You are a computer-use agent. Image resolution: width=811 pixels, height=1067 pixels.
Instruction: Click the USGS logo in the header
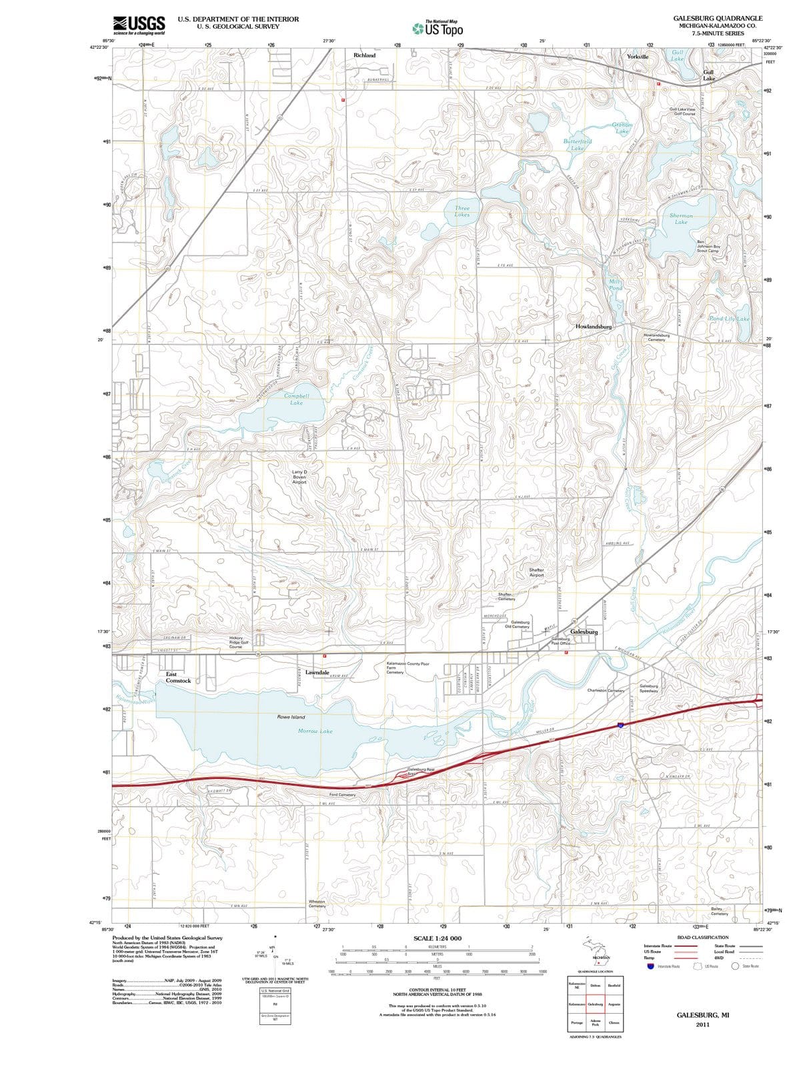[x=139, y=25]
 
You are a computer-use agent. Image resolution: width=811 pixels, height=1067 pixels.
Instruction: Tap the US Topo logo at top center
[x=437, y=28]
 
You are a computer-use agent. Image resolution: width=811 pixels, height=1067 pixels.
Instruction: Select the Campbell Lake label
[x=297, y=399]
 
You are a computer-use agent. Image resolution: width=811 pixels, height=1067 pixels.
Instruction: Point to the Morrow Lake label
[x=315, y=731]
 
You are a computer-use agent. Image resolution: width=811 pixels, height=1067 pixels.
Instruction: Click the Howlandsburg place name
[x=593, y=327]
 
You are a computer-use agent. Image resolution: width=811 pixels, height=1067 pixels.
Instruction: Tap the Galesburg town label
[x=584, y=632]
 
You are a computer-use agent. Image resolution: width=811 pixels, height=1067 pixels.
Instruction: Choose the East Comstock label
[x=178, y=678]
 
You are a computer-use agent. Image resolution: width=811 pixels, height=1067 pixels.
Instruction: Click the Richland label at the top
[x=364, y=55]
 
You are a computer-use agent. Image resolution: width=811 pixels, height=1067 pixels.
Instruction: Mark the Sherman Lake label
[x=681, y=219]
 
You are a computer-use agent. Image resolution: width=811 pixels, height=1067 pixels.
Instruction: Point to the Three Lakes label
[x=462, y=211]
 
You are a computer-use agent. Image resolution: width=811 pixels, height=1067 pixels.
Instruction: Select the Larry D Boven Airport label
[x=299, y=477]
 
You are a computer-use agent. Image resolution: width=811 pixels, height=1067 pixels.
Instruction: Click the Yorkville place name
[x=638, y=57]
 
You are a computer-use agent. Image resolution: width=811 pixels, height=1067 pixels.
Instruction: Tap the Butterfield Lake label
[x=578, y=145]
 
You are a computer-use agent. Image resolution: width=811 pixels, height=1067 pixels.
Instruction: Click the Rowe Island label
[x=291, y=717]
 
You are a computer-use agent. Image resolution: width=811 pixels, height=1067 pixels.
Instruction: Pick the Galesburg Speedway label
[x=649, y=688]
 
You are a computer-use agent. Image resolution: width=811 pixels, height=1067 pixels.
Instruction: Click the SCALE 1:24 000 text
[x=437, y=938]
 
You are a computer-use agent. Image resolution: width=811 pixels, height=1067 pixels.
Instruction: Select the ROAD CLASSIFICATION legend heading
[x=703, y=937]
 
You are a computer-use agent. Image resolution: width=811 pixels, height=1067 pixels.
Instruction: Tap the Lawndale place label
[x=317, y=673]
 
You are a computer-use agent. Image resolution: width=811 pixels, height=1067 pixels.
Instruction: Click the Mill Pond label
[x=616, y=285]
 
